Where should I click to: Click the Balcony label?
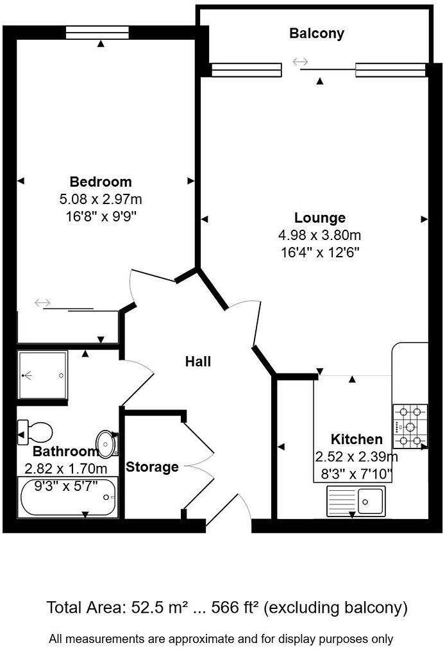coord(317,33)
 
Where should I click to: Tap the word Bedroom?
coord(101,182)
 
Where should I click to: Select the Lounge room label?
coord(320,218)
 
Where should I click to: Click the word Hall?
coord(198,362)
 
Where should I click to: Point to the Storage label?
coord(152,466)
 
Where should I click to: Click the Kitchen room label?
coord(357,440)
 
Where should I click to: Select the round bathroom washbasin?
coord(106,442)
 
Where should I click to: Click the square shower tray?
coord(42,375)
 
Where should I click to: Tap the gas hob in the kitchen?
coord(410,425)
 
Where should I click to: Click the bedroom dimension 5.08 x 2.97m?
coord(101,200)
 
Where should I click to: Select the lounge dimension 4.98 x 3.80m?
coord(320,235)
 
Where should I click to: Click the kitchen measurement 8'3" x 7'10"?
coord(356,475)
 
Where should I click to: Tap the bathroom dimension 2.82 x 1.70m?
coord(65,468)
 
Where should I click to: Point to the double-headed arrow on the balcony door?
coord(300,62)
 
